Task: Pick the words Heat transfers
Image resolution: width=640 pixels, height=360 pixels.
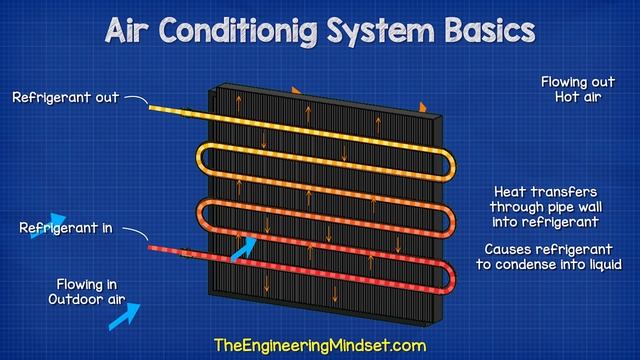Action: coord(546,191)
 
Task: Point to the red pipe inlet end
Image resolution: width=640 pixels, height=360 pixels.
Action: coord(153,246)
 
